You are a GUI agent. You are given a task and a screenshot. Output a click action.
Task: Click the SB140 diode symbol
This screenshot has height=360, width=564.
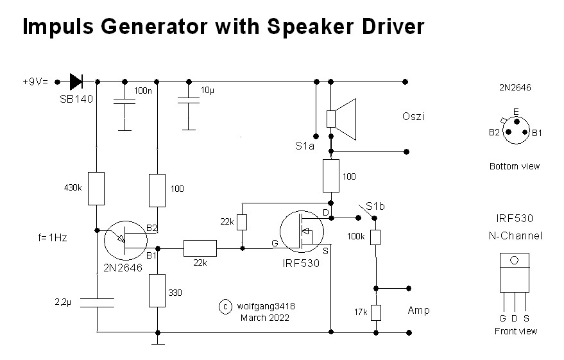click(76, 81)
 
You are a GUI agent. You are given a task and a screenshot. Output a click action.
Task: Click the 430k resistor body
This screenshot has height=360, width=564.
click(96, 188)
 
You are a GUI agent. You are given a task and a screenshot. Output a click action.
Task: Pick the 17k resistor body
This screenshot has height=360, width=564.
click(377, 313)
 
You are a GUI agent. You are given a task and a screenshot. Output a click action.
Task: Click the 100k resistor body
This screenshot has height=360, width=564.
click(377, 237)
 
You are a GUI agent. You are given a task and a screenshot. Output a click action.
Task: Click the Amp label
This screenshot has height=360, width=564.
click(418, 311)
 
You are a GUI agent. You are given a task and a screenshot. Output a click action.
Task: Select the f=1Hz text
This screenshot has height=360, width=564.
click(53, 237)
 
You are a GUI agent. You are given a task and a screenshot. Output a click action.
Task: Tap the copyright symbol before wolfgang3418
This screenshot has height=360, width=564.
click(225, 307)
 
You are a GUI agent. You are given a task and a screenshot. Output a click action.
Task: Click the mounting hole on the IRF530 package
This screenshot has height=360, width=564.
click(515, 261)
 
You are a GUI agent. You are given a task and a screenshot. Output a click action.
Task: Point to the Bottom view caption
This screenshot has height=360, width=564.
click(515, 166)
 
